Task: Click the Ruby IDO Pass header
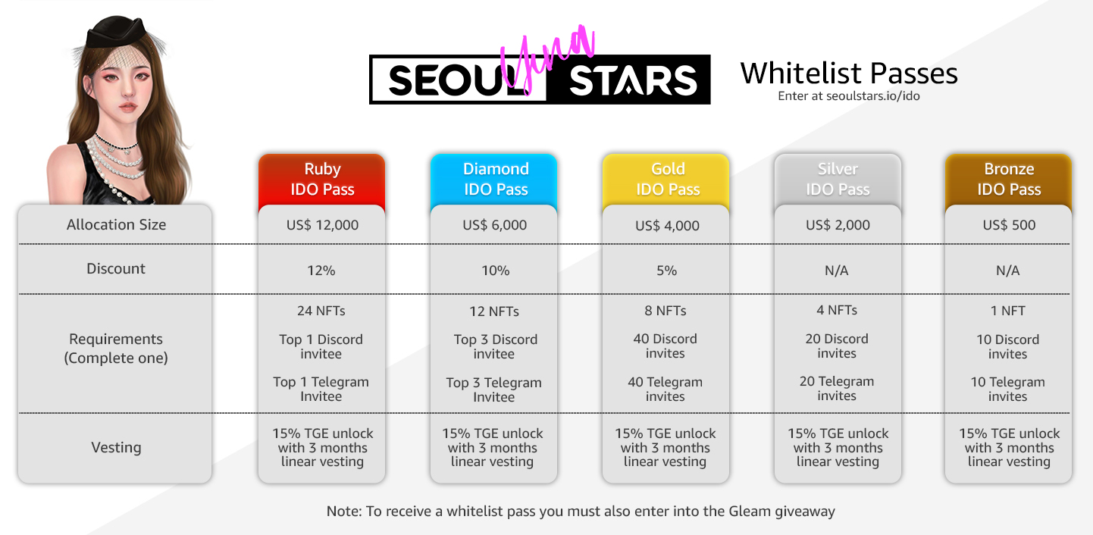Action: coord(322,179)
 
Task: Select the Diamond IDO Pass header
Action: coord(494,179)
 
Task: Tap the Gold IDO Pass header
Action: coord(666,179)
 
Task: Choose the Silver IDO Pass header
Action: coord(838,179)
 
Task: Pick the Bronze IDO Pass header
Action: coord(1009,179)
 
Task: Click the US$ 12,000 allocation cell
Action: coord(323,225)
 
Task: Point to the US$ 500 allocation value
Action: coord(1009,225)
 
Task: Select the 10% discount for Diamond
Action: coord(495,271)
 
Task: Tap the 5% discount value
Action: coord(666,271)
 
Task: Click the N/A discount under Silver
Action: coord(836,271)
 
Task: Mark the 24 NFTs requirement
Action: coord(321,311)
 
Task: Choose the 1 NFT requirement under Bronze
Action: coord(1007,311)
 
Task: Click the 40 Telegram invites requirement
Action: coord(665,389)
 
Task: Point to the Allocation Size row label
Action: coord(116,224)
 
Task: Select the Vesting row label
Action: coord(116,447)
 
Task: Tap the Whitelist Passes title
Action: coord(848,74)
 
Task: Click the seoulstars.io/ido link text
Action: coord(873,96)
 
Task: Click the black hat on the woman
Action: coord(116,32)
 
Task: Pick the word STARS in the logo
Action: coord(633,80)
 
